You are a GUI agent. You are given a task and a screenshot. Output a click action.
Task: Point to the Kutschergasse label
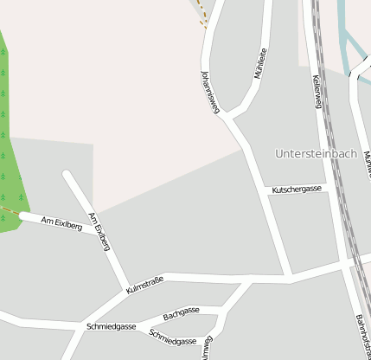(297, 189)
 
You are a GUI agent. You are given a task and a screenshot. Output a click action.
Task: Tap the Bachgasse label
(182, 312)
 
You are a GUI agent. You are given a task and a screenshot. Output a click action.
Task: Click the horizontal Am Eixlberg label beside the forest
(62, 225)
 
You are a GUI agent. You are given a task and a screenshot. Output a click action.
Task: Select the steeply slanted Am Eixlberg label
(99, 231)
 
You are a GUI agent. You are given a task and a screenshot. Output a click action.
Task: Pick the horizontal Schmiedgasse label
(112, 326)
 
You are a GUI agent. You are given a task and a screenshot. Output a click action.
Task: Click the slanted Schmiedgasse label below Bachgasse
(172, 337)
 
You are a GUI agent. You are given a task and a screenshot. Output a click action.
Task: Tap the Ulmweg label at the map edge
(206, 351)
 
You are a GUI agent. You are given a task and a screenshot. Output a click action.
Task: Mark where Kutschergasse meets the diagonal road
(266, 192)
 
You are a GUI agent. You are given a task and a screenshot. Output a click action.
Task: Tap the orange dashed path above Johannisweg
(202, 15)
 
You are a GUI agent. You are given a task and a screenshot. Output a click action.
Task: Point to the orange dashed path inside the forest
(9, 210)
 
